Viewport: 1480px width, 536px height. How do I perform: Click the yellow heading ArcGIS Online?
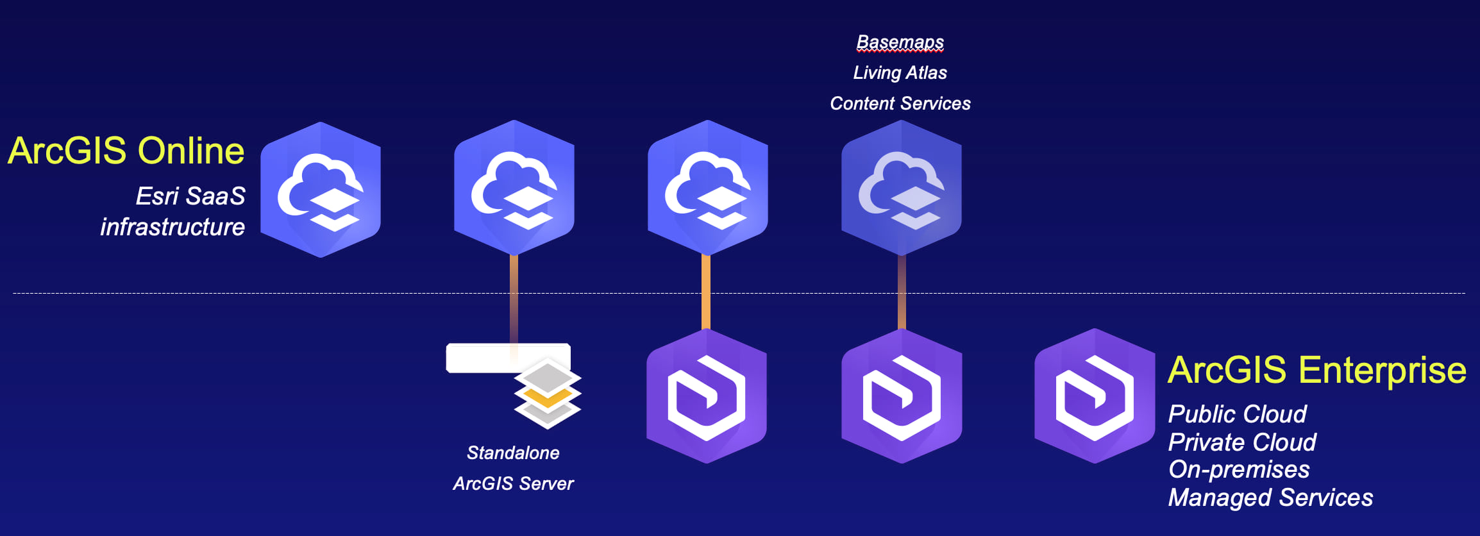[x=126, y=151]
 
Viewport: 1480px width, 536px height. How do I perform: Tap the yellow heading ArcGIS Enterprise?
[x=1316, y=370]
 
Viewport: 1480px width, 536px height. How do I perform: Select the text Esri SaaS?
[x=190, y=196]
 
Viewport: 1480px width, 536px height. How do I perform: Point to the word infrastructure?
[x=172, y=227]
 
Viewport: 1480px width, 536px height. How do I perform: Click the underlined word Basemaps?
[x=900, y=42]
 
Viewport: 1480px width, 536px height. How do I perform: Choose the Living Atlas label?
[x=900, y=73]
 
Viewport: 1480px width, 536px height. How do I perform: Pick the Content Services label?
[x=900, y=104]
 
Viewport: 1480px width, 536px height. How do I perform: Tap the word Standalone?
[x=513, y=453]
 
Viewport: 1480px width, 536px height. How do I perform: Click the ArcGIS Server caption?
[x=513, y=483]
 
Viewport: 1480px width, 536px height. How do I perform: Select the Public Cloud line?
[x=1237, y=414]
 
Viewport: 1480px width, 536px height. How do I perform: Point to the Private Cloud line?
[x=1242, y=442]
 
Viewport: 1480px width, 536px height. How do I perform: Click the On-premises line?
[x=1239, y=470]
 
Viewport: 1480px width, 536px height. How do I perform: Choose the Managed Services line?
[x=1270, y=498]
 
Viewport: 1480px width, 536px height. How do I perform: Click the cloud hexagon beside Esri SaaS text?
[x=321, y=190]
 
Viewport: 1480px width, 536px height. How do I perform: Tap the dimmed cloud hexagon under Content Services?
[x=901, y=188]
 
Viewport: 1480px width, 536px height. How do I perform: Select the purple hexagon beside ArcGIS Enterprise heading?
[x=1095, y=396]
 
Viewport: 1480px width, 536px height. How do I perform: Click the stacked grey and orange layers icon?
[x=547, y=393]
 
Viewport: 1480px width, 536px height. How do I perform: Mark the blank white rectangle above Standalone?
[x=481, y=358]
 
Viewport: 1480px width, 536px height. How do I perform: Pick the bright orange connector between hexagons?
[x=706, y=292]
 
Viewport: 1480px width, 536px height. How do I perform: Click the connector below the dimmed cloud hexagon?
[x=902, y=292]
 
